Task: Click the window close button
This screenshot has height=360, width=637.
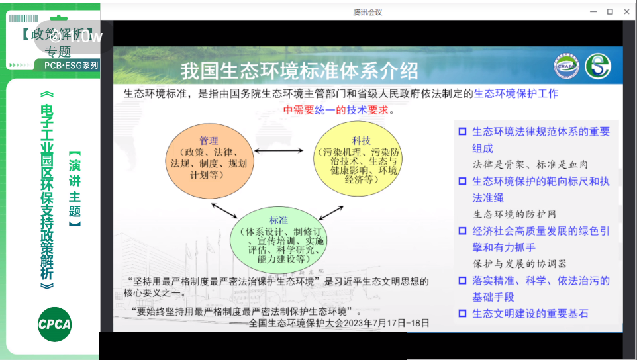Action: click(x=625, y=11)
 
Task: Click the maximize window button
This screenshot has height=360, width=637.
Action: click(x=610, y=11)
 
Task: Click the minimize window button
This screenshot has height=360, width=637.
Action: click(x=594, y=11)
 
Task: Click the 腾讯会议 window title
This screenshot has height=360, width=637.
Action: click(x=367, y=12)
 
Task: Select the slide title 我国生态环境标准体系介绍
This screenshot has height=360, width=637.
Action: click(x=300, y=69)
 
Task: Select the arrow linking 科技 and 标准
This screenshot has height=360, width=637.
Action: click(x=330, y=211)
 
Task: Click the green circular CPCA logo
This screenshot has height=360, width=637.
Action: click(x=54, y=324)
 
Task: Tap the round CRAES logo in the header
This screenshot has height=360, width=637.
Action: click(x=566, y=66)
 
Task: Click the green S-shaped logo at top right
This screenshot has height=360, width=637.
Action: click(x=598, y=66)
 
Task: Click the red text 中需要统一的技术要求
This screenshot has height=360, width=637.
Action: click(x=339, y=111)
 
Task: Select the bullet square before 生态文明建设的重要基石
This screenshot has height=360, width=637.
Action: click(x=463, y=314)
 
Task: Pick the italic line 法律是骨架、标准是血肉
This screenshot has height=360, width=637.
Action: click(x=530, y=164)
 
